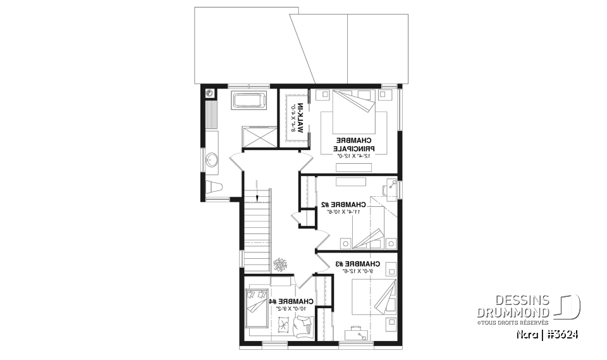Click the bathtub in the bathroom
(x=250, y=100)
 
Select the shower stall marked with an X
(x=260, y=135)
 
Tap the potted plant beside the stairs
(x=279, y=263)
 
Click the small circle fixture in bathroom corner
(x=210, y=94)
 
